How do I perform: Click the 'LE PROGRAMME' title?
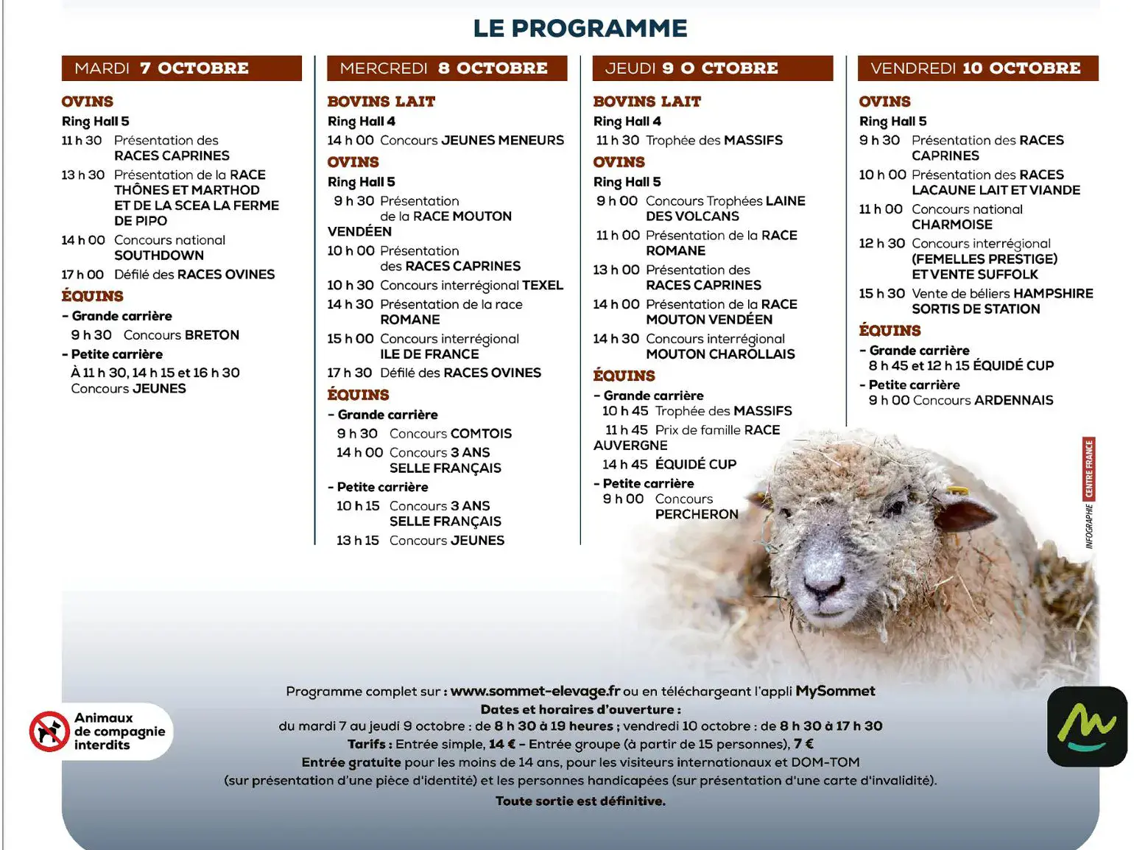click(x=580, y=29)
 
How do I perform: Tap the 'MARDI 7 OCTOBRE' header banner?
click(x=181, y=69)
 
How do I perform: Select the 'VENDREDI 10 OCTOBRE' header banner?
click(x=977, y=69)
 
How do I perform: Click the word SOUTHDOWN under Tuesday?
click(x=158, y=256)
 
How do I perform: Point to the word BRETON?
click(x=212, y=335)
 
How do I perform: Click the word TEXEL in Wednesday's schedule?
click(x=543, y=285)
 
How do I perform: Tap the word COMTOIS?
click(x=481, y=434)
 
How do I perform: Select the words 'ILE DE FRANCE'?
click(x=429, y=354)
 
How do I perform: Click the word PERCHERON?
click(x=696, y=514)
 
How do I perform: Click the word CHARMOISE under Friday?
click(x=951, y=225)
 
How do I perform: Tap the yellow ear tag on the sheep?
click(x=958, y=491)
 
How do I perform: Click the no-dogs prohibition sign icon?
click(x=49, y=731)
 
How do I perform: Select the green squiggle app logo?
click(x=1086, y=727)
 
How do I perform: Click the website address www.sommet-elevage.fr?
click(x=535, y=691)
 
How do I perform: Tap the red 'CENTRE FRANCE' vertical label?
click(x=1088, y=468)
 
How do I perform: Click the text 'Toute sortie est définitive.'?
click(x=580, y=801)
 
